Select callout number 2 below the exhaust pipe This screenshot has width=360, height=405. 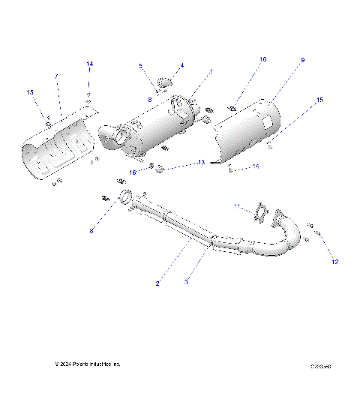pyautogui.click(x=157, y=283)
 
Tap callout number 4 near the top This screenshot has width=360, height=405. pyautogui.click(x=181, y=65)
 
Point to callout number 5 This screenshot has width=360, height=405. pyautogui.click(x=139, y=67)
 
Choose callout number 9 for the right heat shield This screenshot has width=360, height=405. pyautogui.click(x=303, y=59)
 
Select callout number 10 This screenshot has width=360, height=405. pyautogui.click(x=262, y=58)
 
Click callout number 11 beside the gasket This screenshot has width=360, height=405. pyautogui.click(x=237, y=206)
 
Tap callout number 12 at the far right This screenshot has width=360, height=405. pyautogui.click(x=335, y=261)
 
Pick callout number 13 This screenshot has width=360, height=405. pyautogui.click(x=201, y=163)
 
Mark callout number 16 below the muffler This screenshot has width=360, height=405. pyautogui.click(x=133, y=172)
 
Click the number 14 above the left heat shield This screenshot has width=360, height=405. pyautogui.click(x=89, y=64)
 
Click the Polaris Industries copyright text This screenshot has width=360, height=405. pyautogui.click(x=87, y=364)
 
